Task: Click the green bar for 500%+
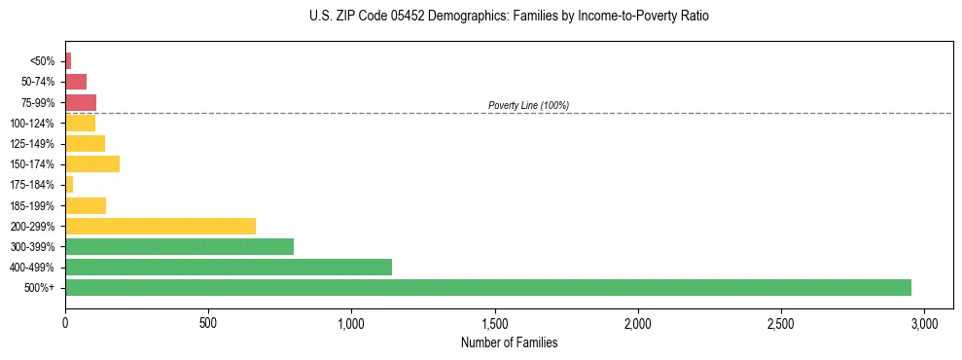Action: (487, 287)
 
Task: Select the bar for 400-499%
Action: (228, 267)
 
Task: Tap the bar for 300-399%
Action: (179, 246)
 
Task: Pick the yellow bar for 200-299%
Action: (160, 226)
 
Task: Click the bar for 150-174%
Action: (92, 163)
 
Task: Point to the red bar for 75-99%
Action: (81, 102)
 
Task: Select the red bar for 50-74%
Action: (76, 82)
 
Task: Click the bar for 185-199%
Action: (86, 205)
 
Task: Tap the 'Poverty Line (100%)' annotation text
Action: (528, 105)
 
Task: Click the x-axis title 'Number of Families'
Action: (509, 342)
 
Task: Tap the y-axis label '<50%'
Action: (43, 61)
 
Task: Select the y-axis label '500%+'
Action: (40, 288)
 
